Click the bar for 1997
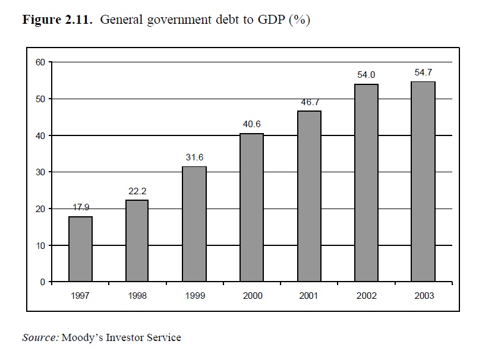point(80,249)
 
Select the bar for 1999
point(194,224)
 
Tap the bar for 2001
point(309,196)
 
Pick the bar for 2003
point(424,181)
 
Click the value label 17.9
point(80,208)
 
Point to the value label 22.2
point(137,191)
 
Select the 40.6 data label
point(252,124)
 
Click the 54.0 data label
point(366,75)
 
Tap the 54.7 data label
point(424,72)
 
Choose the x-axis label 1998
point(137,296)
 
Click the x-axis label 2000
point(252,296)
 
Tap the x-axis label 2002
point(366,296)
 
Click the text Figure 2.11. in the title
point(58,20)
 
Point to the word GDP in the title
point(272,20)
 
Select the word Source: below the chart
point(40,337)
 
